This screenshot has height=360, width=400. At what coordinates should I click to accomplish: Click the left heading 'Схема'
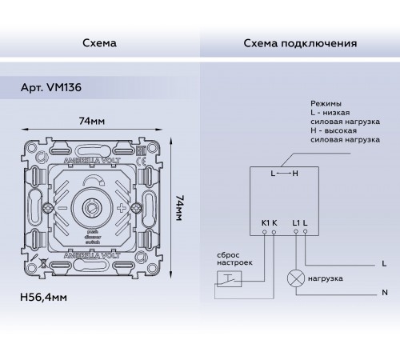click(98, 42)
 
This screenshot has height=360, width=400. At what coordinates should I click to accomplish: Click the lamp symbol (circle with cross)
click(296, 278)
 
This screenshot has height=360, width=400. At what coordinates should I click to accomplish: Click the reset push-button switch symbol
click(226, 279)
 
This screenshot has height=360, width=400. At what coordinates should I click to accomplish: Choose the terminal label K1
click(264, 221)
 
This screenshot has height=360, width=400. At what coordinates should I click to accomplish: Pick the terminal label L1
click(296, 221)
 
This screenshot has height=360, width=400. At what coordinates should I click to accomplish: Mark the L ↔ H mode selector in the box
click(285, 174)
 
